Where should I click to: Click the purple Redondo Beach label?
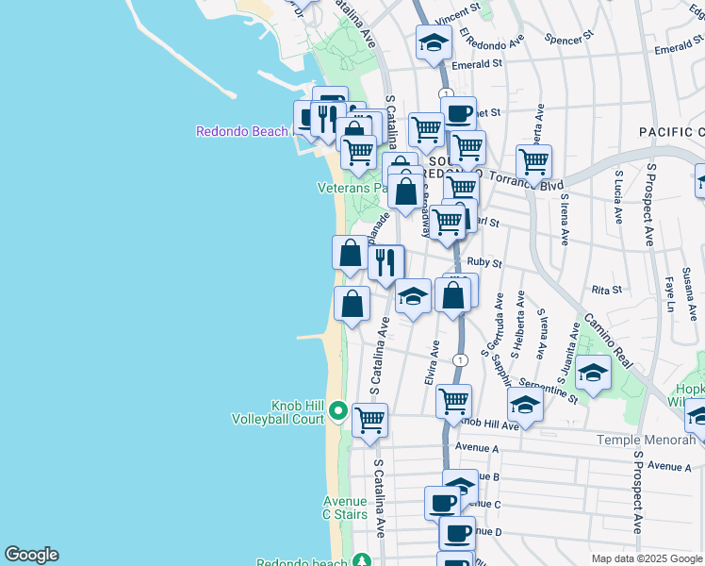[240, 131]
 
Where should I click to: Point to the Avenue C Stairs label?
[344, 508]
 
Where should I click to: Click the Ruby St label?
[484, 264]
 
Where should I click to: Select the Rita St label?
[607, 290]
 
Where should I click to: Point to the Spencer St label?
[568, 38]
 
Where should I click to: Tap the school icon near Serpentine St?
[593, 372]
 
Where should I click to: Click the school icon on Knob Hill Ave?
[525, 406]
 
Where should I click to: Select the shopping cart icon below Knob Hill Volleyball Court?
[369, 419]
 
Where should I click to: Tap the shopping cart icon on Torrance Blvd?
[533, 160]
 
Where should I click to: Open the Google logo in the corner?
[31, 555]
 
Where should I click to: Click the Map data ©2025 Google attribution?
[647, 558]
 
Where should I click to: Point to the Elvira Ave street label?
[433, 362]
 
